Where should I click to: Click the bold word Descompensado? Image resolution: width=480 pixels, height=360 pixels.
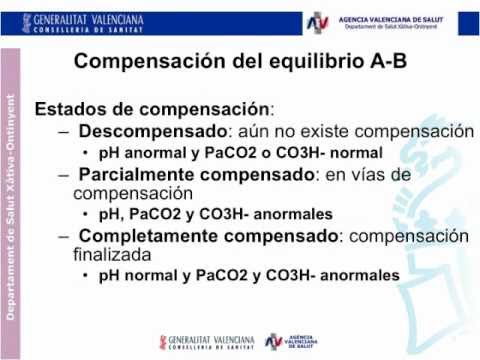153,132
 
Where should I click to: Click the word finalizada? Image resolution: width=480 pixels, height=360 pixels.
112,255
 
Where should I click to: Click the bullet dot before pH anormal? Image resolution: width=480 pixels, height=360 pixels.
86,153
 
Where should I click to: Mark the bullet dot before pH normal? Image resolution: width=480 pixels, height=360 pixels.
86,275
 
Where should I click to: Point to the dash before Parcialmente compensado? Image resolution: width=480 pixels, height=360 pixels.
64,175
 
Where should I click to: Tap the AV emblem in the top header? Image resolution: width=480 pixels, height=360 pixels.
317,23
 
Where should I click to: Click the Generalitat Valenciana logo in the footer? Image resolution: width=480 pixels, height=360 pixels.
207,342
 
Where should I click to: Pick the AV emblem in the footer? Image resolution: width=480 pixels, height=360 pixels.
274,342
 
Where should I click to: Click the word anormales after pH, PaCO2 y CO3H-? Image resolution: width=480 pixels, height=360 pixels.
293,214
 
